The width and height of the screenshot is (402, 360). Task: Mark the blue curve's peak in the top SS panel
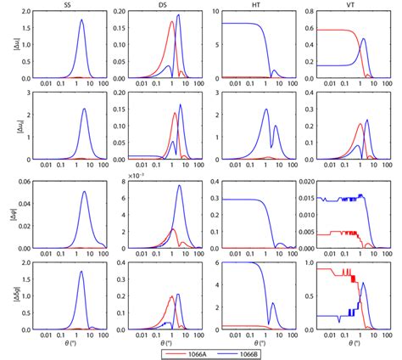point(81,21)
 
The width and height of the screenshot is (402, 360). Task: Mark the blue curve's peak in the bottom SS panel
point(81,272)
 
